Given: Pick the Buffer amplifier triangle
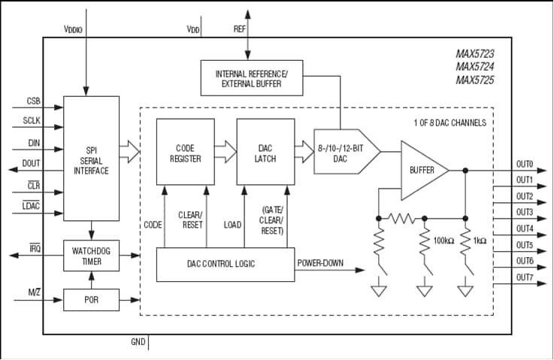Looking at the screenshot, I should click(x=422, y=171).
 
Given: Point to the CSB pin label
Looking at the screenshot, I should click(x=33, y=101).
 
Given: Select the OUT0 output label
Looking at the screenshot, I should click(x=524, y=164).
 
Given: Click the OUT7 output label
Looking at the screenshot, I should click(x=524, y=277).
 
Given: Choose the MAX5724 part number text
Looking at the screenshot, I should click(x=474, y=67).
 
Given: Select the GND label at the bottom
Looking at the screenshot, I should click(x=138, y=342).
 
